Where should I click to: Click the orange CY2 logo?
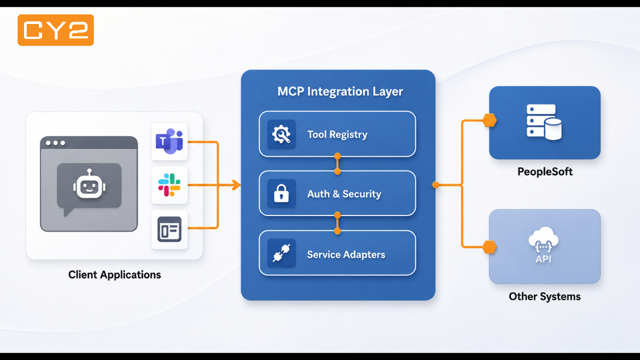click(x=55, y=30)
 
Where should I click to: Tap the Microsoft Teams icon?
click(x=170, y=141)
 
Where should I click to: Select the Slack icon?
click(x=170, y=185)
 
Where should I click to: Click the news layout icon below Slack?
click(x=170, y=229)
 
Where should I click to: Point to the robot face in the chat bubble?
click(x=89, y=185)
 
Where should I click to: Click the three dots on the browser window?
click(x=55, y=143)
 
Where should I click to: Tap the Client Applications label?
click(x=115, y=275)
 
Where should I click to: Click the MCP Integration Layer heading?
click(x=340, y=91)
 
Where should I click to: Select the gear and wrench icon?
click(x=282, y=134)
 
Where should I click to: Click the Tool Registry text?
click(x=338, y=134)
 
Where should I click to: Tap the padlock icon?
click(x=282, y=194)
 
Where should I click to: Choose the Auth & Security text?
click(x=345, y=194)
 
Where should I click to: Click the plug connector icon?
click(x=282, y=253)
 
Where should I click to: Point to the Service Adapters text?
click(x=346, y=254)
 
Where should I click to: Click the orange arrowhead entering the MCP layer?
click(x=237, y=185)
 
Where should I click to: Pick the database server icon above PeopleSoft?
click(x=544, y=122)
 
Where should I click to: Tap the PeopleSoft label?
click(x=545, y=172)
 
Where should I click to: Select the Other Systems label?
click(x=545, y=297)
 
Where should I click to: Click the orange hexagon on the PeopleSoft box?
click(x=490, y=121)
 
